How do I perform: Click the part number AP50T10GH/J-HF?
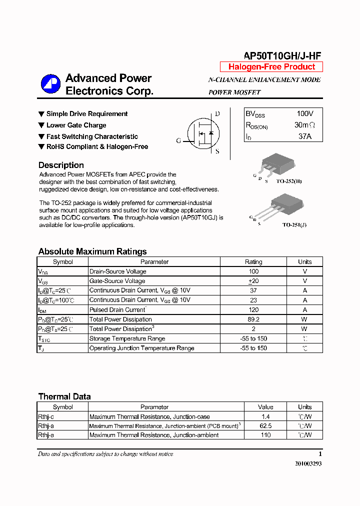282,56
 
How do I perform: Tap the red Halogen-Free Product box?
271,67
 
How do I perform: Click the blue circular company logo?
50,84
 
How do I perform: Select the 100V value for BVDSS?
305,114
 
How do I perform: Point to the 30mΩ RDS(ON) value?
305,125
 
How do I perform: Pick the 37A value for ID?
305,136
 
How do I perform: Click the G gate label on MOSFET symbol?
178,141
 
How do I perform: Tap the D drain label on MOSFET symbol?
217,114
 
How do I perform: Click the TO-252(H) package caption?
289,181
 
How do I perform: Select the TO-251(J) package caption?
294,225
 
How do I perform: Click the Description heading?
61,165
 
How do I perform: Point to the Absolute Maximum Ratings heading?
92,251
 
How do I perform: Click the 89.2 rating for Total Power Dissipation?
253,319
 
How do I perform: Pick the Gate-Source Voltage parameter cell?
117,281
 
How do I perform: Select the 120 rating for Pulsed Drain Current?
253,310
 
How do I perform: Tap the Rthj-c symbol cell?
46,416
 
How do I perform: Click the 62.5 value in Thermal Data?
265,426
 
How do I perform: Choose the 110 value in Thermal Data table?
265,435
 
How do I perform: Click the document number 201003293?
308,463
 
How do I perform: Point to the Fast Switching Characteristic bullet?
92,136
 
